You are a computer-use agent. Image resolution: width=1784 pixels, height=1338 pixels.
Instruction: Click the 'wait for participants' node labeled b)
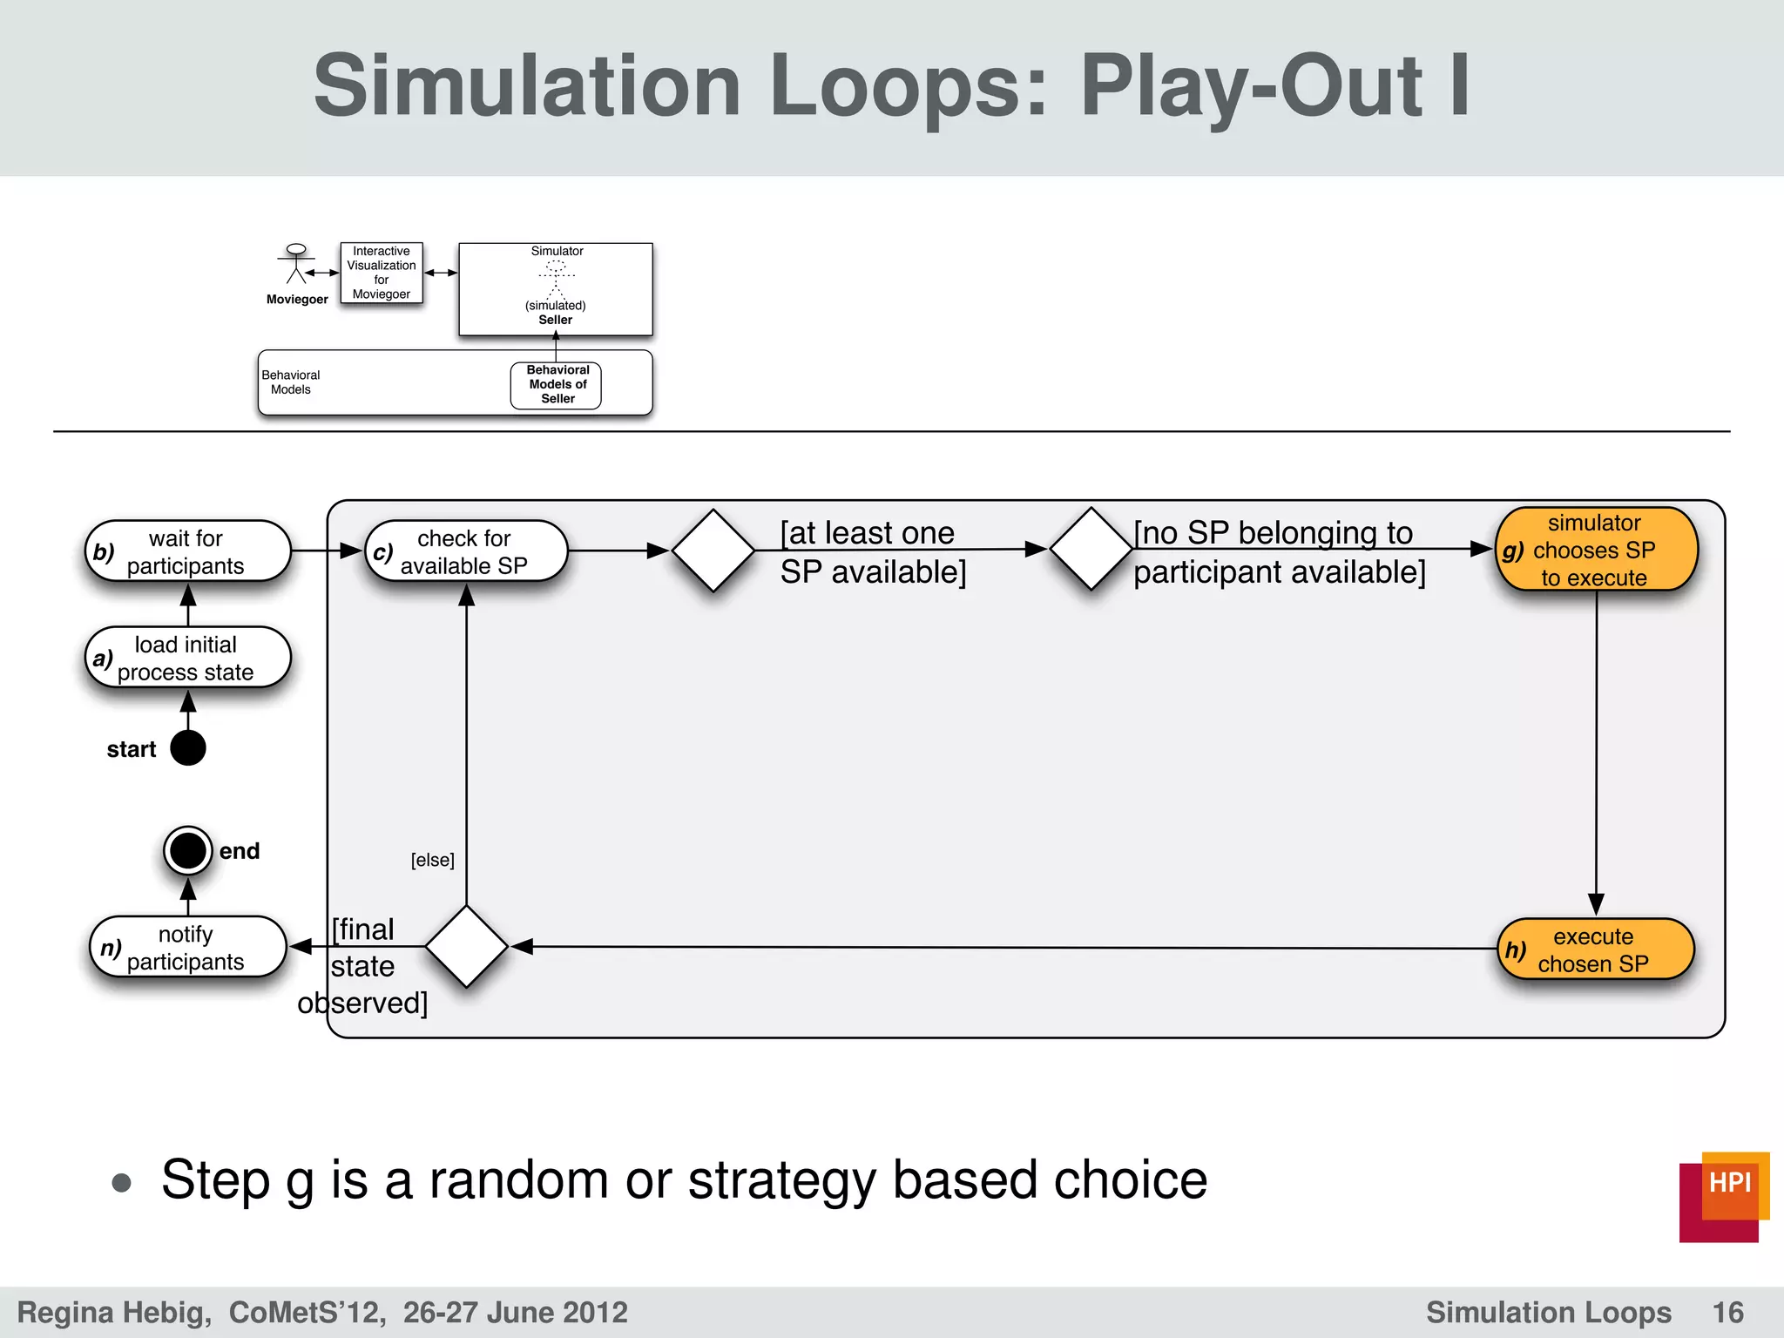click(x=187, y=551)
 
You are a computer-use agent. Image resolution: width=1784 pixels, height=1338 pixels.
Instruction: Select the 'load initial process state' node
click(x=187, y=658)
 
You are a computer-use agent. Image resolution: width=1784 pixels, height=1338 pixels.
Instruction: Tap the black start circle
click(x=188, y=748)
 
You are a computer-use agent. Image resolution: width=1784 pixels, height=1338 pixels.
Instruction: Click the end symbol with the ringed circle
click(x=188, y=851)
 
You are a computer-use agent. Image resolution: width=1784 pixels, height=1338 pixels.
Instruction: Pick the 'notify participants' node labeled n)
click(x=187, y=947)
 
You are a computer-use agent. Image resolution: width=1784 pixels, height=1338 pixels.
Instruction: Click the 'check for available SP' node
click(x=466, y=551)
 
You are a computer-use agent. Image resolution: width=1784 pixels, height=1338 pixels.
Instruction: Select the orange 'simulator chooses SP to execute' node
click(x=1596, y=550)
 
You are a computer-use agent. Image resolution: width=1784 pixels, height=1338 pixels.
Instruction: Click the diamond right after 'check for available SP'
click(x=713, y=551)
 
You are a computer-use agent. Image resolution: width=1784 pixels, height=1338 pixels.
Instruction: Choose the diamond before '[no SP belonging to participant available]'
click(x=1091, y=549)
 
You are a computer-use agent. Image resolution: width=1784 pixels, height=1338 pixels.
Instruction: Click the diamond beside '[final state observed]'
click(x=467, y=946)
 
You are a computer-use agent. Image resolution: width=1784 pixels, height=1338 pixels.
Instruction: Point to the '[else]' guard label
click(x=432, y=861)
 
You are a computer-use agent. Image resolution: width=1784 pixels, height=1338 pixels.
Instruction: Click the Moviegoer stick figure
click(x=296, y=264)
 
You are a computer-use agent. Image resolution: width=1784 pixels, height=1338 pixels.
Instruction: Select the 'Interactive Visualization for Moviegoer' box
click(x=382, y=273)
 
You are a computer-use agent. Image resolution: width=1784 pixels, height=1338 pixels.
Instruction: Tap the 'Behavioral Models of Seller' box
click(x=557, y=385)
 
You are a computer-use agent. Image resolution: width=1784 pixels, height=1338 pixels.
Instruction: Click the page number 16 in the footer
click(x=1727, y=1313)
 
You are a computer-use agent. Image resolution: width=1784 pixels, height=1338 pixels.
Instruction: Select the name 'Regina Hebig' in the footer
click(x=113, y=1313)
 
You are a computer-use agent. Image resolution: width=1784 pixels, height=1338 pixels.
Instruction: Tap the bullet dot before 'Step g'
click(x=122, y=1183)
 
